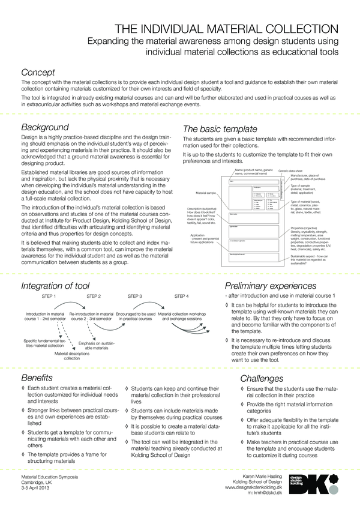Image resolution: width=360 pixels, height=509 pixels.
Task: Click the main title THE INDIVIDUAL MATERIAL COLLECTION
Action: pos(228,28)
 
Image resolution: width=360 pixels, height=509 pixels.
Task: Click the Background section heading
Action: pos(44,127)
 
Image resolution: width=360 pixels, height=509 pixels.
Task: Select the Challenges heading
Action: pos(261,379)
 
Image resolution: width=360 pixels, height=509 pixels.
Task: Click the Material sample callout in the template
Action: pos(206,193)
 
